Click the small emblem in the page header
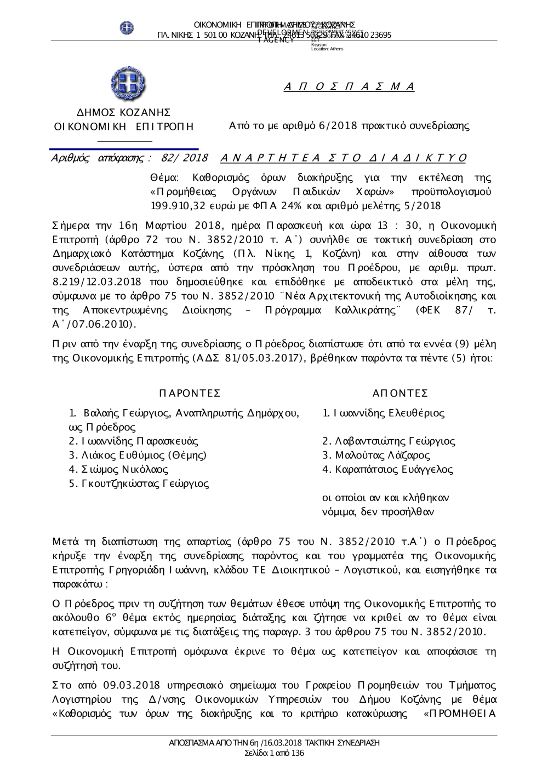coord(127,27)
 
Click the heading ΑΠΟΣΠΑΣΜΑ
coord(350,87)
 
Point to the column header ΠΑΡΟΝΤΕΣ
coord(190,394)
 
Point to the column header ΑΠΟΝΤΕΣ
coord(400,394)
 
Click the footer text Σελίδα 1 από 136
coord(274,753)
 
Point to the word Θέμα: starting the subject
coord(162,177)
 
